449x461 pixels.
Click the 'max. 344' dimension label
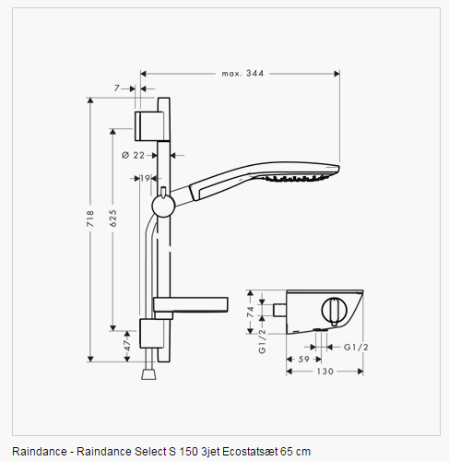pyautogui.click(x=242, y=74)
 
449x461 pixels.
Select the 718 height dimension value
pyautogui.click(x=90, y=219)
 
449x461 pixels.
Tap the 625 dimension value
pyautogui.click(x=113, y=219)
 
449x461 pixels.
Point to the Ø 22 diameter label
pyautogui.click(x=133, y=155)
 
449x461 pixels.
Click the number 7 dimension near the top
pyautogui.click(x=117, y=89)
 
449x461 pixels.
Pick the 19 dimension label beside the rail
pyautogui.click(x=145, y=178)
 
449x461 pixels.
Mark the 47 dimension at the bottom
pyautogui.click(x=127, y=346)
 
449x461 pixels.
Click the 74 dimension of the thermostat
pyautogui.click(x=251, y=312)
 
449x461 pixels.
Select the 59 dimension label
pyautogui.click(x=304, y=360)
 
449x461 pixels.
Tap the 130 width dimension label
pyautogui.click(x=325, y=372)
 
